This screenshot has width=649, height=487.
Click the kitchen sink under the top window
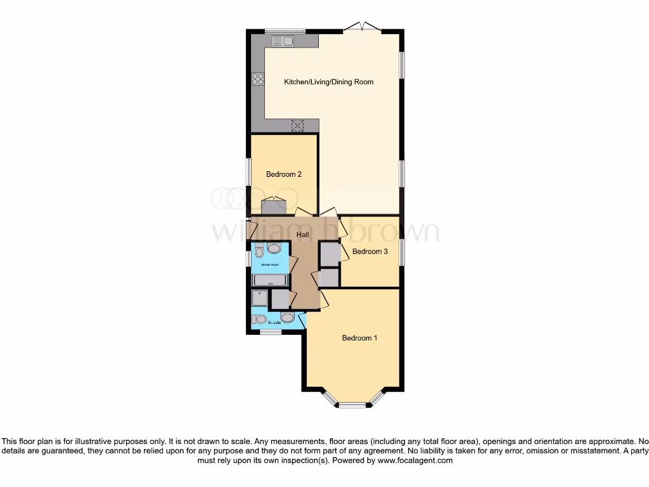[x=283, y=41]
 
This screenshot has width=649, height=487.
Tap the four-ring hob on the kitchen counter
[x=258, y=79]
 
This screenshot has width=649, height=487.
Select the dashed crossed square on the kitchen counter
[x=297, y=125]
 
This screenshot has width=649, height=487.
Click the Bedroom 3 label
[x=369, y=252]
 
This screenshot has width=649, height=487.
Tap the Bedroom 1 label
[x=359, y=338]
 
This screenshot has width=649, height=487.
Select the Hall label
[x=303, y=235]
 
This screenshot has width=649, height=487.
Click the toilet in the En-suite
[x=259, y=318]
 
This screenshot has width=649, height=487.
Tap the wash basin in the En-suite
[x=287, y=317]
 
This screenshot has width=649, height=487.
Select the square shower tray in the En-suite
[x=260, y=299]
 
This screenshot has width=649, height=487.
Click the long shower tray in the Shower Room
[x=271, y=281]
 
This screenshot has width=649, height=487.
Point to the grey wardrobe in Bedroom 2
[x=274, y=207]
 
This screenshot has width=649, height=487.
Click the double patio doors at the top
[x=361, y=28]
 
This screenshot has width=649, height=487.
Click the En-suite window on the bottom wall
[x=271, y=332]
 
